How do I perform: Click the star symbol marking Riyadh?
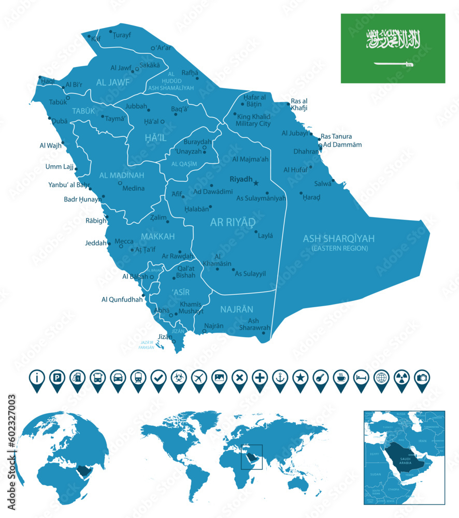pos(256,182)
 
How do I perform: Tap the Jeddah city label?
pos(95,242)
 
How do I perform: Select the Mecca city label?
pos(124,241)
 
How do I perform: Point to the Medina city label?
pos(133,188)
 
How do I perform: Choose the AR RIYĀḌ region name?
pos(233,222)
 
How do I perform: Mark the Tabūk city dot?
pos(68,97)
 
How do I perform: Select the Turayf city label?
pos(123,36)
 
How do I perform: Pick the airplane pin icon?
pos(199,378)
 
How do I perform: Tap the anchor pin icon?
pos(280,378)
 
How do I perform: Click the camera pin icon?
pos(422,378)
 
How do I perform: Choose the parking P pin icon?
pos(57,378)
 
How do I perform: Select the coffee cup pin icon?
pos(341,378)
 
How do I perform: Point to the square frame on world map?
pos(252,457)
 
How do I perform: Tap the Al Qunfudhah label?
pos(122,299)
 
